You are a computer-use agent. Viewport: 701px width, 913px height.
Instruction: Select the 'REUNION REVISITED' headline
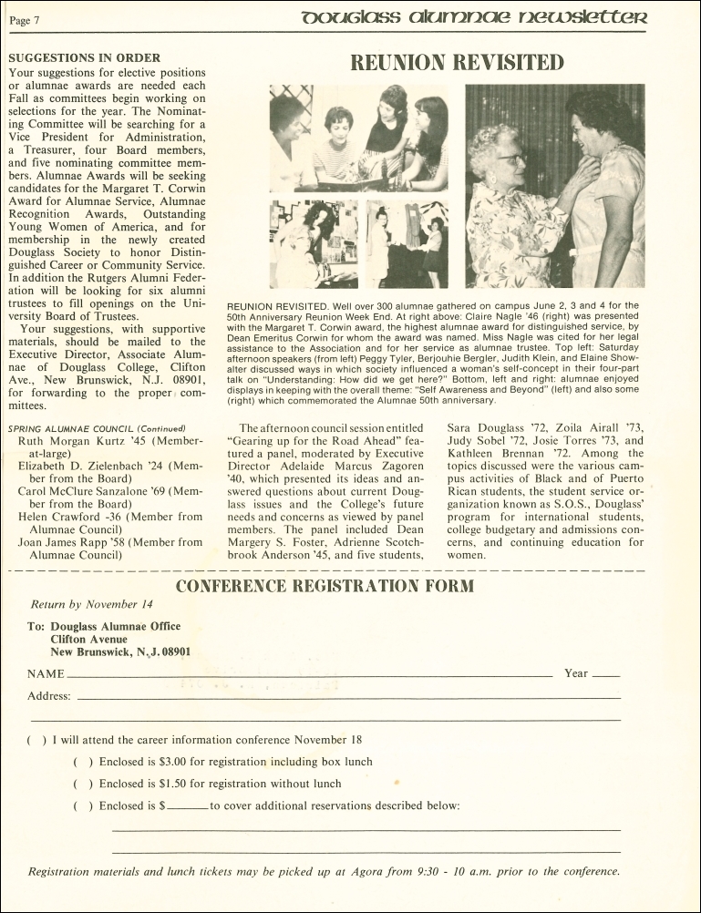458,63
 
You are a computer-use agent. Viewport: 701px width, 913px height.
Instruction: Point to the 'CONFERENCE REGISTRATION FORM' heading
324,585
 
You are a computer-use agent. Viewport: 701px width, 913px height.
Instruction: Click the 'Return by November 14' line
92,604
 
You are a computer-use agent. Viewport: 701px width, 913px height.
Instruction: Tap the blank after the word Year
605,676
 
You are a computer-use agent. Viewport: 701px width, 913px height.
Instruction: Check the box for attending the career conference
36,740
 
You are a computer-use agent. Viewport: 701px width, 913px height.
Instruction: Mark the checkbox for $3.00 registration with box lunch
83,762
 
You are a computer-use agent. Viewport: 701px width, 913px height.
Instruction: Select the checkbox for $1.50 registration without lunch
83,784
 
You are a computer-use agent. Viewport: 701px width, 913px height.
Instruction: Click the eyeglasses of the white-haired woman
510,159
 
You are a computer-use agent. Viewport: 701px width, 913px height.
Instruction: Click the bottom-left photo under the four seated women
314,244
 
